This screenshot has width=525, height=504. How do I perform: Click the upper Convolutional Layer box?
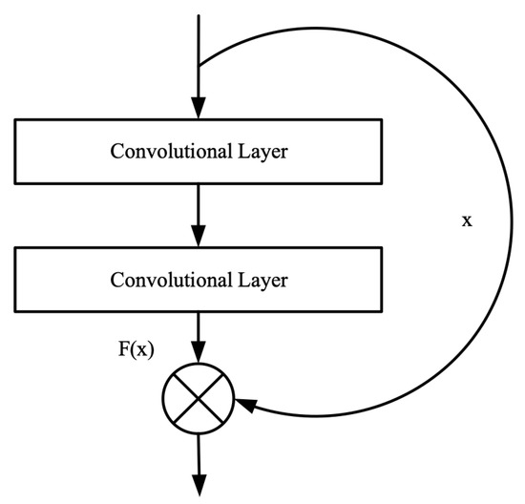[x=198, y=151]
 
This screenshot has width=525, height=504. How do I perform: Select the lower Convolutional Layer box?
[x=198, y=280]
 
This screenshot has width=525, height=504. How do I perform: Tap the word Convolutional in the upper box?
[x=166, y=152]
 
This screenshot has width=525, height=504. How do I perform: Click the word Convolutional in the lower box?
[x=166, y=281]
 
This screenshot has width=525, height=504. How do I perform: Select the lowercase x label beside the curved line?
[x=467, y=220]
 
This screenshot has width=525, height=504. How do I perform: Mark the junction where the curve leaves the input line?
[x=199, y=65]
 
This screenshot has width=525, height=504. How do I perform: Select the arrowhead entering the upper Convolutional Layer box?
[x=199, y=109]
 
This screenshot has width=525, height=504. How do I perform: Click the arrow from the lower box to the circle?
[x=199, y=339]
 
